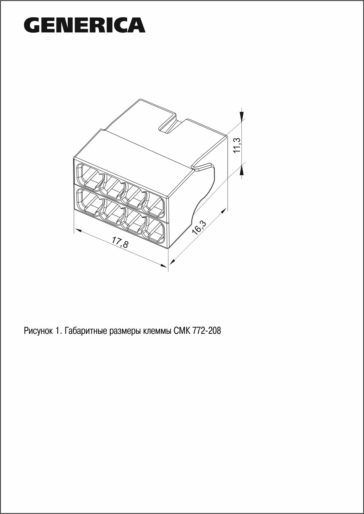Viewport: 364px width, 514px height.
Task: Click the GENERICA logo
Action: (x=85, y=25)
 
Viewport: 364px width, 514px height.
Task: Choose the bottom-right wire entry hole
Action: (x=155, y=230)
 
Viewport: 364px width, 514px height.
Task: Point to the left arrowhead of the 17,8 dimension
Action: (x=77, y=230)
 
